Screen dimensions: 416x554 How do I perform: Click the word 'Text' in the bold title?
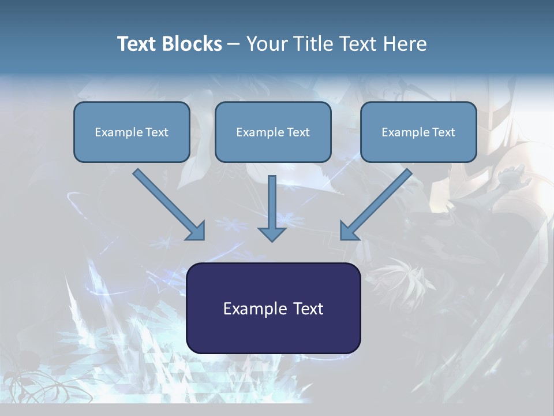pyautogui.click(x=138, y=44)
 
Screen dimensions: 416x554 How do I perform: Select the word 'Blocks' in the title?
pyautogui.click(x=193, y=44)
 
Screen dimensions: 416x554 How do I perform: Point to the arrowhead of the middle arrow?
pyautogui.click(x=272, y=233)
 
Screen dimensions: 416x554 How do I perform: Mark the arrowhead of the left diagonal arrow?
pyautogui.click(x=196, y=231)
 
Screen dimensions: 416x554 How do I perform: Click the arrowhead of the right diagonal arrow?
pyautogui.click(x=349, y=231)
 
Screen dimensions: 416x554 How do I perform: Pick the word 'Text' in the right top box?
pyautogui.click(x=443, y=132)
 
